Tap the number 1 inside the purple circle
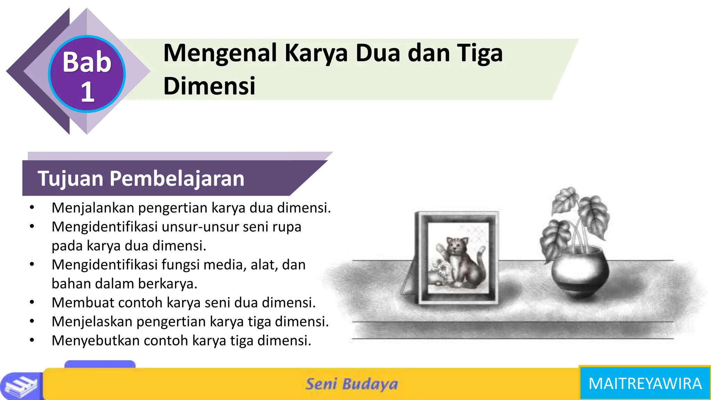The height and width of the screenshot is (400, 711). [x=87, y=92]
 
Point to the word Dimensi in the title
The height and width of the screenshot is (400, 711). [x=209, y=86]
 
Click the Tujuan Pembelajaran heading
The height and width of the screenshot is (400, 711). [x=141, y=178]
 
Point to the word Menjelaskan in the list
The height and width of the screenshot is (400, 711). [x=92, y=322]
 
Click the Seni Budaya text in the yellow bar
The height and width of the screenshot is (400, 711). [x=352, y=384]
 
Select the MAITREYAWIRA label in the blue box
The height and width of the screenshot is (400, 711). [x=645, y=384]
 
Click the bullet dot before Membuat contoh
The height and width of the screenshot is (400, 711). [x=32, y=302]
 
